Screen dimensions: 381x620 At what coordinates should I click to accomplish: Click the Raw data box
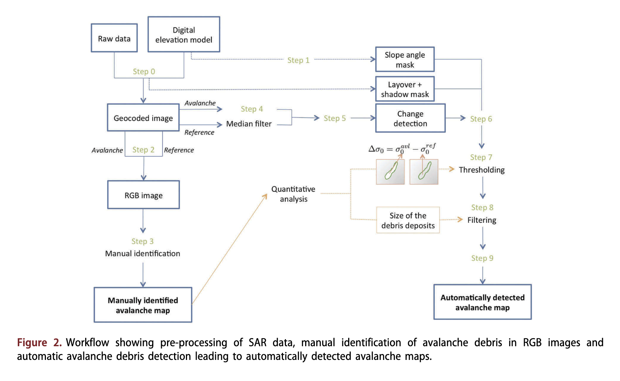[114, 38]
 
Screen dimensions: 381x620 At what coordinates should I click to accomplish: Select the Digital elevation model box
[184, 34]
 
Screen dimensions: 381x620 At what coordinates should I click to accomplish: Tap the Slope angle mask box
[405, 60]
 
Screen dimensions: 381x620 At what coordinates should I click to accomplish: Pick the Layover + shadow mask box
[405, 89]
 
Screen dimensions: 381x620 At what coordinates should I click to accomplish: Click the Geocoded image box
[143, 118]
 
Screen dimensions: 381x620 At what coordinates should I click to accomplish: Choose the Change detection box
[410, 118]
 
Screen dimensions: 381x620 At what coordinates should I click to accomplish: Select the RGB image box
[143, 195]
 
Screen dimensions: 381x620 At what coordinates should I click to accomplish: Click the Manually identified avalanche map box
[143, 305]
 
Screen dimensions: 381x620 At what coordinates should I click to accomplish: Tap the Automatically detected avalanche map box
[482, 302]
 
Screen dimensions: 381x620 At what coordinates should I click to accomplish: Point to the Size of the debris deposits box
[408, 220]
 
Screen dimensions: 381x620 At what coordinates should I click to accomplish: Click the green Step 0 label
[144, 71]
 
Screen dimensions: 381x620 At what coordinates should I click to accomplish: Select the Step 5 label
[334, 118]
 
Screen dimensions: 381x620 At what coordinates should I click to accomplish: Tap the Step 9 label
[482, 258]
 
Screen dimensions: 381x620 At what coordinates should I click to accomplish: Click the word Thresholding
[481, 170]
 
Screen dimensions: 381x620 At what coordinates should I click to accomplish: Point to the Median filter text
[249, 124]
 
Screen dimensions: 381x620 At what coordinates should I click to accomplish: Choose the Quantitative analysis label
[293, 194]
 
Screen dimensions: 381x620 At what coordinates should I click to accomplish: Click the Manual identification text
[143, 253]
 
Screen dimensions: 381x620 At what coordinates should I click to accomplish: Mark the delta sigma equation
[402, 149]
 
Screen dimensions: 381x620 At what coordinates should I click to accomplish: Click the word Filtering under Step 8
[481, 220]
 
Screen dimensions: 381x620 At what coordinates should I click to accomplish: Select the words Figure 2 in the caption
[39, 343]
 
